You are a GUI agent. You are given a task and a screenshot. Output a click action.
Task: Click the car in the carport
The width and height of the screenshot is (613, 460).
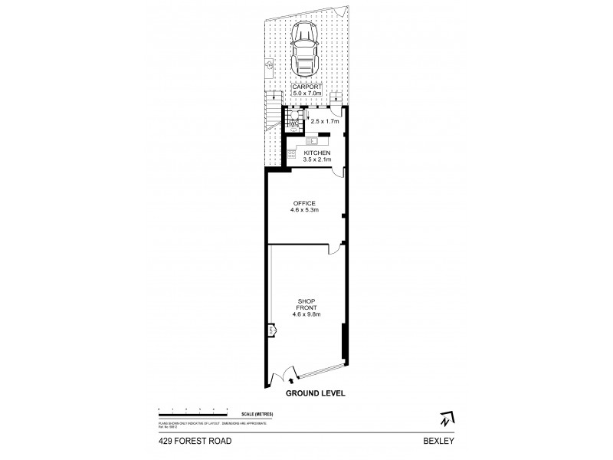(x=305, y=51)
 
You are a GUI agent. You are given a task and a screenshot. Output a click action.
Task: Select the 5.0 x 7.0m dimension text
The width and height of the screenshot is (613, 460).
(x=306, y=95)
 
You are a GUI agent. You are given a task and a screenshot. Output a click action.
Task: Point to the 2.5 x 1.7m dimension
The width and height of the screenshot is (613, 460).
(x=321, y=121)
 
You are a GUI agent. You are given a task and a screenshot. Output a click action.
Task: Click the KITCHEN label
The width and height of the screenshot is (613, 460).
(x=317, y=153)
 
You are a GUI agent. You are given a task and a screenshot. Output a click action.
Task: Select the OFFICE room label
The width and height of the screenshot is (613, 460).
(x=304, y=202)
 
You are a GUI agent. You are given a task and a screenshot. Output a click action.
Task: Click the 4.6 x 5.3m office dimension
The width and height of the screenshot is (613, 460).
(x=304, y=210)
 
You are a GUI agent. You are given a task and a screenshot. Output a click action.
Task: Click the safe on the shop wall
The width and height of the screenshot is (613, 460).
(x=270, y=330)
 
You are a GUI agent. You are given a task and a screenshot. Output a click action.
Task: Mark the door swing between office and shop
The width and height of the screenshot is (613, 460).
(x=335, y=248)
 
